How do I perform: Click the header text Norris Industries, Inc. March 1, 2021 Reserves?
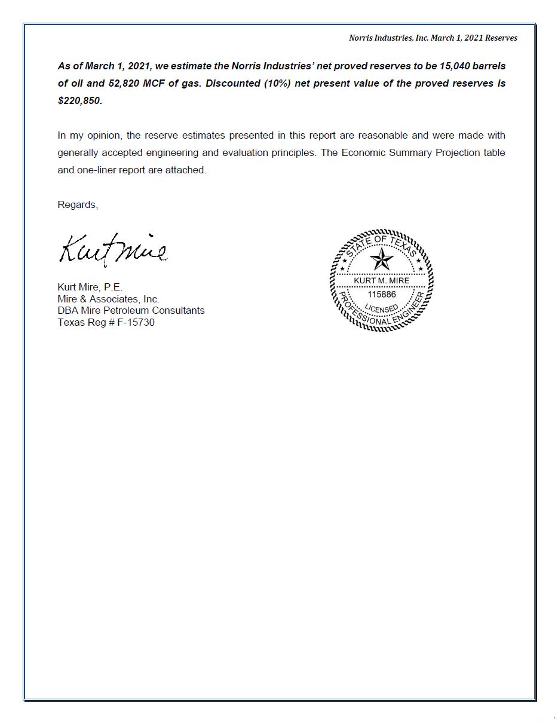(x=433, y=38)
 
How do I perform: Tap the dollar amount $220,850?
(x=79, y=100)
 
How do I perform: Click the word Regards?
(x=77, y=204)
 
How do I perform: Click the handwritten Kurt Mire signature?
(x=112, y=249)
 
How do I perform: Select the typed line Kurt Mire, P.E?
(x=90, y=287)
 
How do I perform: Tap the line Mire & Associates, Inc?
(x=108, y=299)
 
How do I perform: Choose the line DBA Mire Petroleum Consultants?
(x=131, y=310)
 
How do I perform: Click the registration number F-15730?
(x=136, y=322)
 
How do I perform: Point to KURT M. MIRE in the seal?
(x=381, y=280)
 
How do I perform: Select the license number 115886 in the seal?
(x=381, y=294)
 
